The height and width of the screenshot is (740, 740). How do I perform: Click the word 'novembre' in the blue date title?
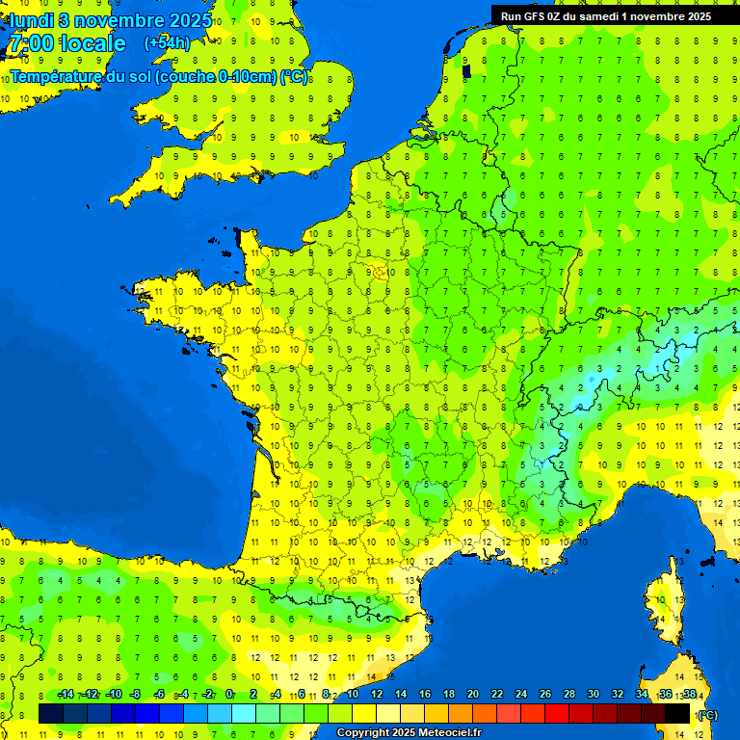point(119,20)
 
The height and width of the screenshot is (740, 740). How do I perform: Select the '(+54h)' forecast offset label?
point(167,43)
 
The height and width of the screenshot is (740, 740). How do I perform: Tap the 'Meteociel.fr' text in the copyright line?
point(449,733)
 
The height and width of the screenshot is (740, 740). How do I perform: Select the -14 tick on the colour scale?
point(66,695)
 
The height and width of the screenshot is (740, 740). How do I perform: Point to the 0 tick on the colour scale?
point(229,695)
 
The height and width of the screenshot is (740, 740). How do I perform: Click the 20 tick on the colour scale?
point(472,695)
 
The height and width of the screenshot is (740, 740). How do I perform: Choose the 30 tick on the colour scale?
point(593,695)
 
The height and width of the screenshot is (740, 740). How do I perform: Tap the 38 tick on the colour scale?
point(689,695)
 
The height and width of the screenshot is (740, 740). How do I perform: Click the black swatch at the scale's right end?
point(678,713)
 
